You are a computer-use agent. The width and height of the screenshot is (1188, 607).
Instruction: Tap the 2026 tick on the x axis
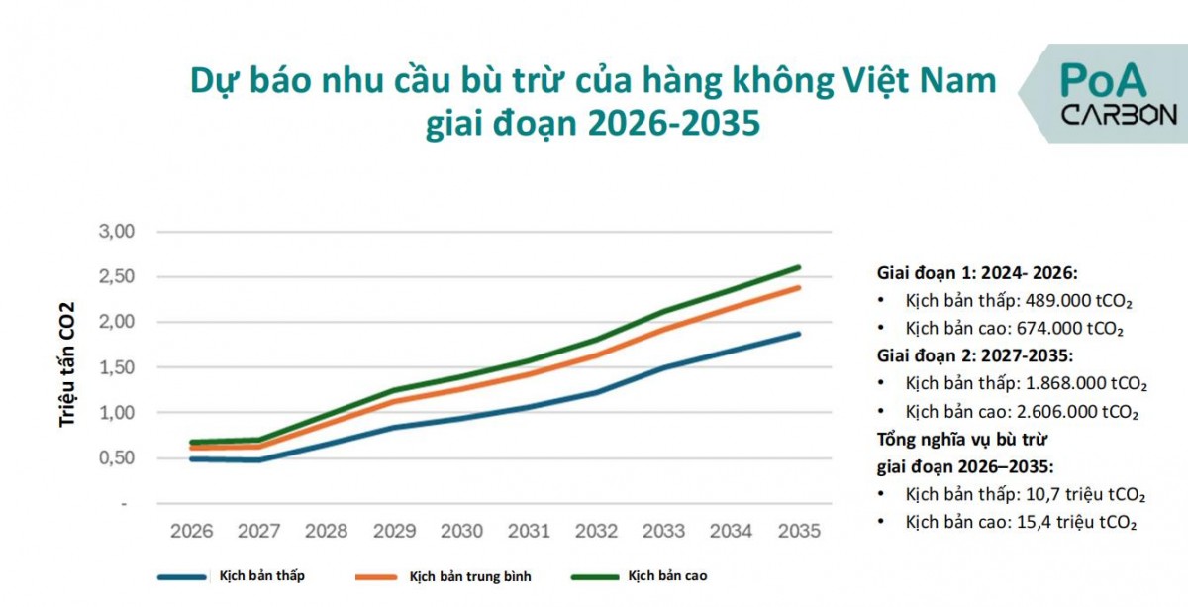pyautogui.click(x=191, y=532)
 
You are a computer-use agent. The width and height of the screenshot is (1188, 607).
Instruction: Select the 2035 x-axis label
pyautogui.click(x=799, y=532)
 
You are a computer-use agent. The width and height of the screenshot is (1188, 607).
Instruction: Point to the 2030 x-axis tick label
pyautogui.click(x=461, y=532)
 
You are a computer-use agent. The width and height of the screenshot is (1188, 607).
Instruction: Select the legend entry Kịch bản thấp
pyautogui.click(x=262, y=576)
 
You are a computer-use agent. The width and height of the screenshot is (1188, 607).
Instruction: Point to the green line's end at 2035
pyautogui.click(x=798, y=267)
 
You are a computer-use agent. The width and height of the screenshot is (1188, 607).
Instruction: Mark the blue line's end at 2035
pyautogui.click(x=798, y=334)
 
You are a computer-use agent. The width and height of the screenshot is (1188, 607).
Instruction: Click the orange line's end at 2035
pyautogui.click(x=798, y=288)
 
